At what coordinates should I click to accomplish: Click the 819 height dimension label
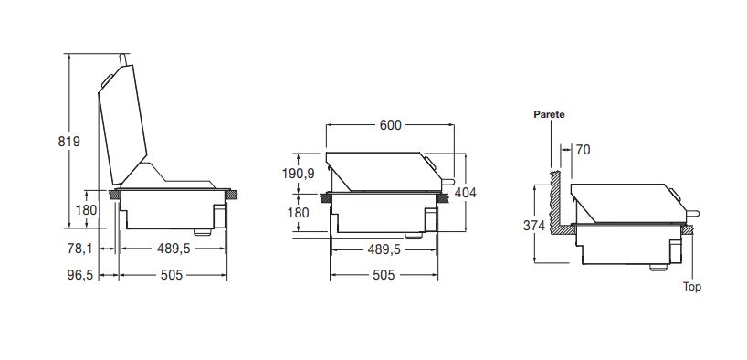pos(69,142)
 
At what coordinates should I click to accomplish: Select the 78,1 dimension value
pos(80,249)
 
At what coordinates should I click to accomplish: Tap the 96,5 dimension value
pos(80,275)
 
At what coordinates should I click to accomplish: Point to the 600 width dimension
pos(391,125)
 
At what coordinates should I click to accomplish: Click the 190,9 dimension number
pos(299,174)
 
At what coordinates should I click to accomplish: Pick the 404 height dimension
pos(466,193)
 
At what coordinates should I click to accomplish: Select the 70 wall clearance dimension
pos(583,150)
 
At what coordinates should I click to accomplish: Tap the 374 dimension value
pos(534,226)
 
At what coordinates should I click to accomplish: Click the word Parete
pos(550,114)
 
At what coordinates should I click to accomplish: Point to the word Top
pos(691,287)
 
